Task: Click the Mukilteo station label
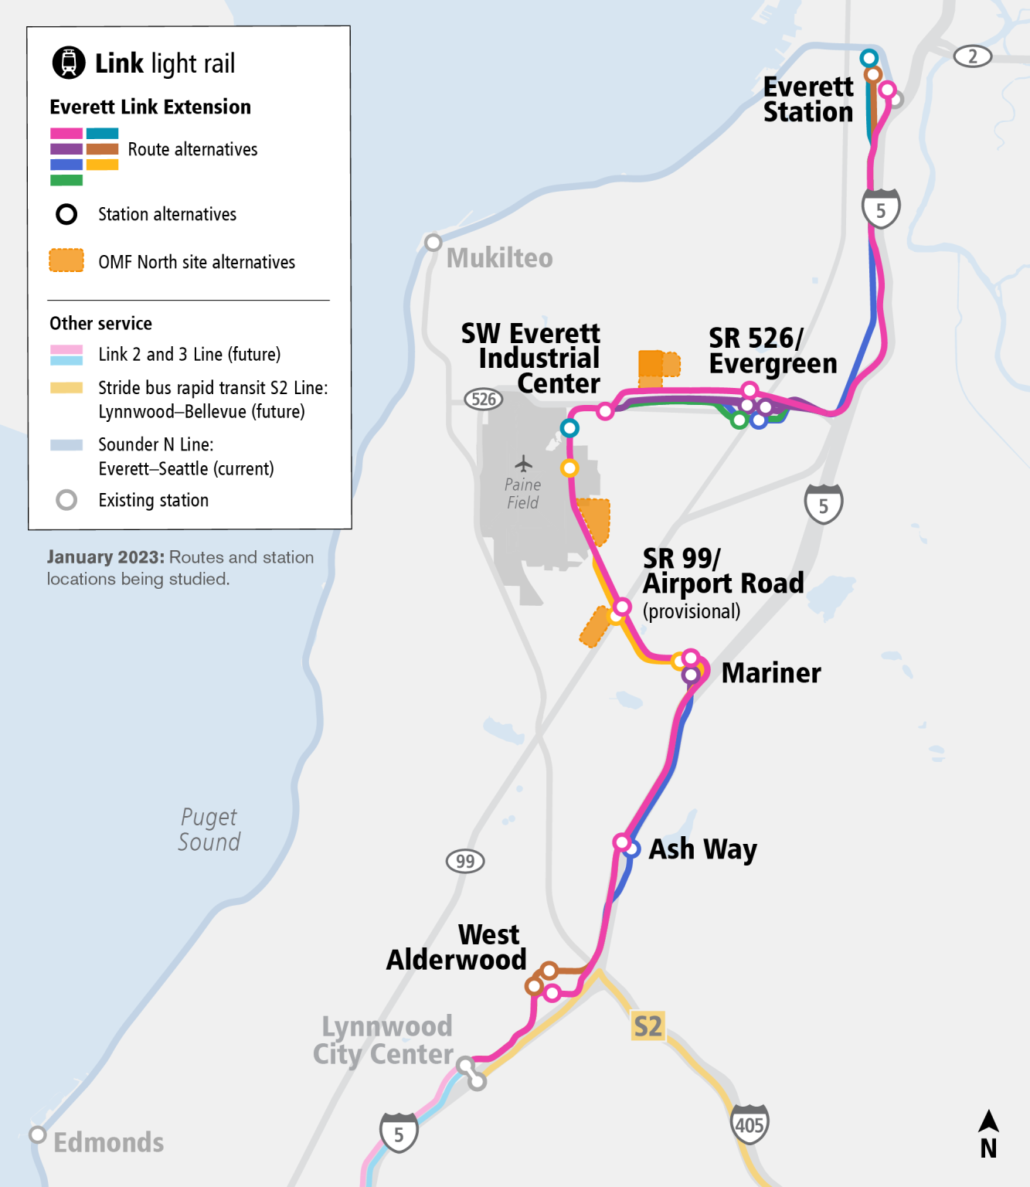tap(499, 258)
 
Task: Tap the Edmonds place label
tap(108, 1142)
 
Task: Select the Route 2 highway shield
tap(972, 56)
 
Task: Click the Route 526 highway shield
tap(484, 399)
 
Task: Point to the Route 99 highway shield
tap(465, 861)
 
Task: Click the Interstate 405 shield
tap(749, 1124)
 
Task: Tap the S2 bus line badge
tap(648, 1026)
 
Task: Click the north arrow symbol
tap(988, 1134)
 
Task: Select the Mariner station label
tap(770, 673)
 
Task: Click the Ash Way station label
tap(702, 849)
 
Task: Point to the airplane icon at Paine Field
tap(524, 464)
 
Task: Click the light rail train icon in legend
tap(69, 63)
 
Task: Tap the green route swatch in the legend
tap(66, 180)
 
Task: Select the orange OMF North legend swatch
tap(66, 260)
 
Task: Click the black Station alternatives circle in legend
tap(66, 214)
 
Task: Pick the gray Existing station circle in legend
tap(66, 500)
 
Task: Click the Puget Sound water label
tap(209, 829)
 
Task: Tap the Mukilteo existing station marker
tap(433, 243)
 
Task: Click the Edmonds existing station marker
tap(37, 1134)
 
